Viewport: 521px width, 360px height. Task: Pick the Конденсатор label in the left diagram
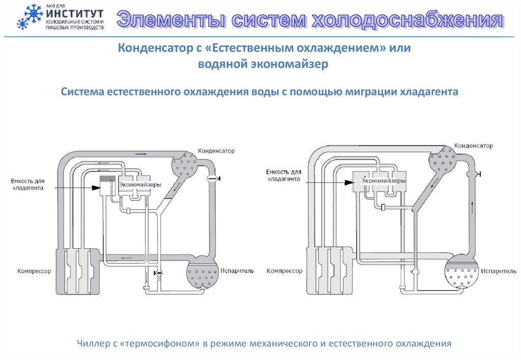point(216,151)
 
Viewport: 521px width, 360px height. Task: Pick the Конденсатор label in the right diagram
point(473,146)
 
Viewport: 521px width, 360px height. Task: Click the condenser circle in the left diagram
point(184,164)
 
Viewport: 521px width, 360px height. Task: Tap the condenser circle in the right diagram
point(441,159)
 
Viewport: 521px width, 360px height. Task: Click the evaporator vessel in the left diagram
point(202,274)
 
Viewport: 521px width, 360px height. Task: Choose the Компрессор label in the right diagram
point(284,271)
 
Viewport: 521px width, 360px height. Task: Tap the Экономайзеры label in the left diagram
point(140,185)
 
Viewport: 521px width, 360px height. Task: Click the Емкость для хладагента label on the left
point(28,184)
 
